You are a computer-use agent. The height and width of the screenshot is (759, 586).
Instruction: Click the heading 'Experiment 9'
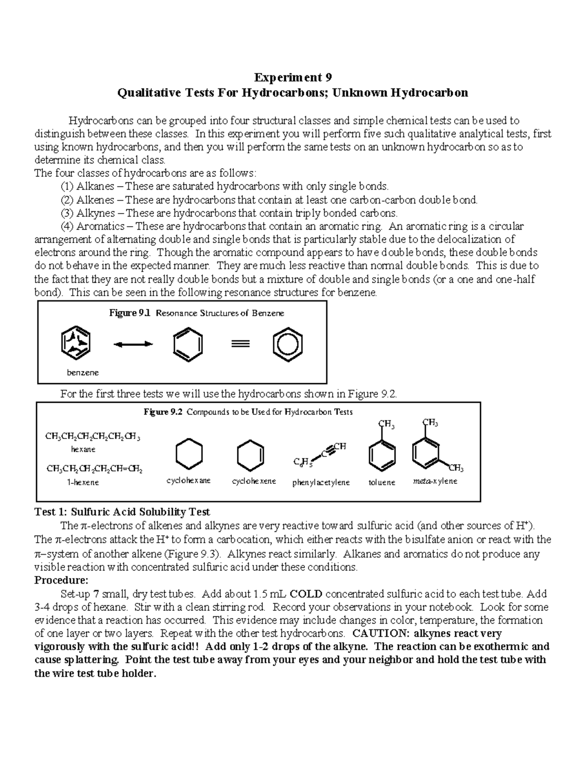pyautogui.click(x=293, y=77)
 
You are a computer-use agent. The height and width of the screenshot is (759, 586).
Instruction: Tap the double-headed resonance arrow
pyautogui.click(x=133, y=345)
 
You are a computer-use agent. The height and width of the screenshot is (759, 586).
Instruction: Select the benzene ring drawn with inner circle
pyautogui.click(x=288, y=345)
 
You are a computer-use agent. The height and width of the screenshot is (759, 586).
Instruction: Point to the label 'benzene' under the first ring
pyautogui.click(x=83, y=372)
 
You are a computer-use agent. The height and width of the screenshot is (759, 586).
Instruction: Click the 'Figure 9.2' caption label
pyautogui.click(x=163, y=412)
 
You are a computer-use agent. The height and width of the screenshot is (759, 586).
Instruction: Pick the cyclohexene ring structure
pyautogui.click(x=251, y=455)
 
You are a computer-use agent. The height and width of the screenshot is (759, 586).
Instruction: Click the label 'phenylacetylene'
pyautogui.click(x=321, y=482)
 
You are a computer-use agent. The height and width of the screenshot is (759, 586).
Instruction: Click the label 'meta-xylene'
pyautogui.click(x=435, y=481)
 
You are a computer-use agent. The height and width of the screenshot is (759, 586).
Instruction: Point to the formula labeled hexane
pyautogui.click(x=93, y=436)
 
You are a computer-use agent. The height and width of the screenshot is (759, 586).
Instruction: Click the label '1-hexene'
pyautogui.click(x=83, y=482)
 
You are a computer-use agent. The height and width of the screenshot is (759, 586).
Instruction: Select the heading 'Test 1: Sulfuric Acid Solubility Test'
pyautogui.click(x=122, y=512)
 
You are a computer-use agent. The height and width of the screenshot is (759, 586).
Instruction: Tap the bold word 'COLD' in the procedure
pyautogui.click(x=306, y=594)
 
